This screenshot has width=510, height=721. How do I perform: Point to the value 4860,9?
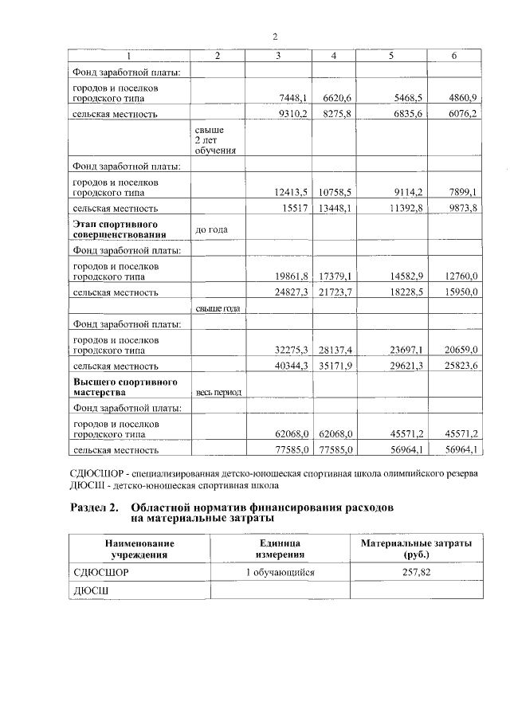coord(462,97)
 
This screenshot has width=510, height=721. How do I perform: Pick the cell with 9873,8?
coord(462,207)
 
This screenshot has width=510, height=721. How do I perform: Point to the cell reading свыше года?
coord(218,308)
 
